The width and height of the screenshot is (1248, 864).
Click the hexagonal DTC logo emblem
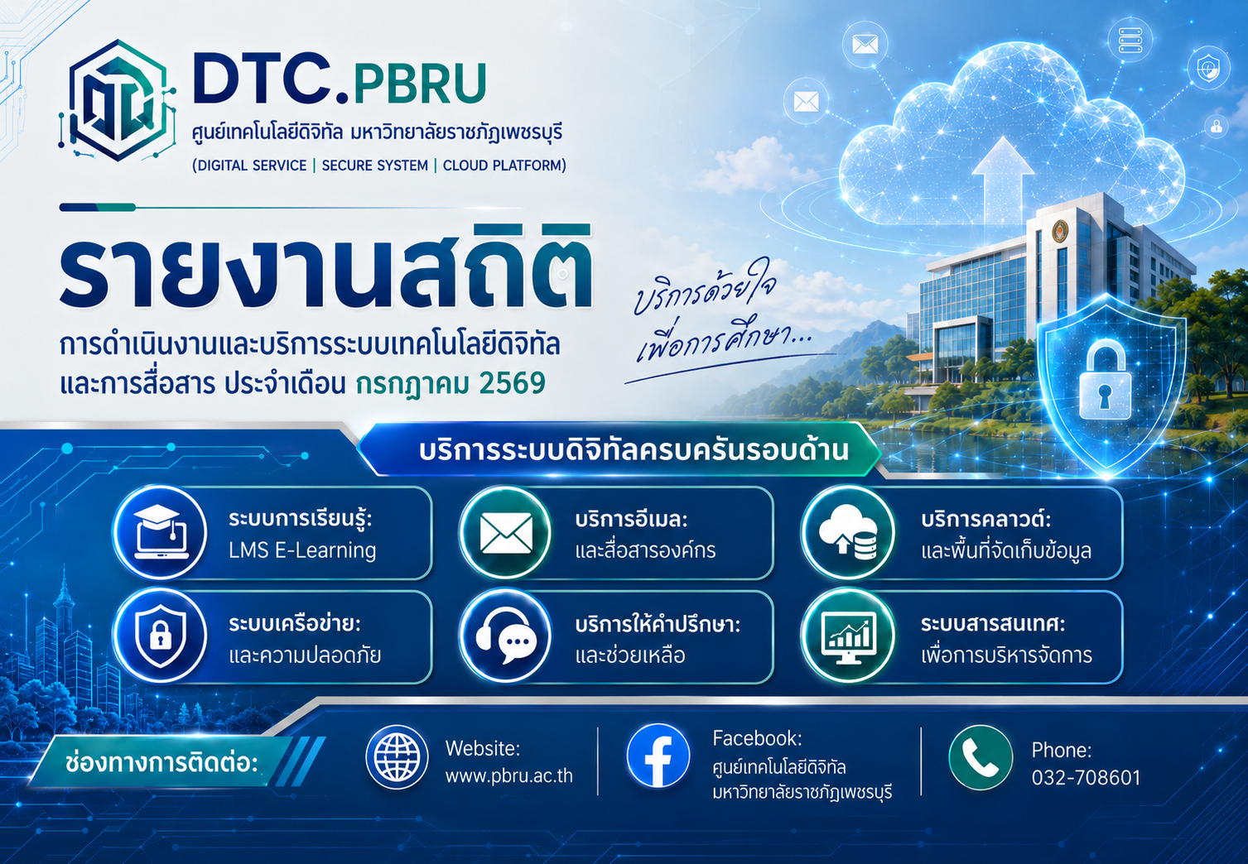(117, 100)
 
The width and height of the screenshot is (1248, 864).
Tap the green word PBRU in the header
(420, 84)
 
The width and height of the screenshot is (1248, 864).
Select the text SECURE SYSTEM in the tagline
(375, 166)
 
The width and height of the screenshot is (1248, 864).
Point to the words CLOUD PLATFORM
(502, 166)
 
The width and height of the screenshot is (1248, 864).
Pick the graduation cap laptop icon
(161, 532)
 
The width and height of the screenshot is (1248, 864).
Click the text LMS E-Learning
(302, 550)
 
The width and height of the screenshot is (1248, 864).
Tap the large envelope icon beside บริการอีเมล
(506, 533)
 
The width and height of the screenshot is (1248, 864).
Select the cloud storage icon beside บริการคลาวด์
(848, 532)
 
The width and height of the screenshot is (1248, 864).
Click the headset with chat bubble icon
(506, 637)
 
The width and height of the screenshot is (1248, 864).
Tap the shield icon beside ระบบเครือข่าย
(160, 636)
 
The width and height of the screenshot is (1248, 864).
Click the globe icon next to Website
(397, 757)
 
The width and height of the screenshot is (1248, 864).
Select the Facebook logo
(658, 756)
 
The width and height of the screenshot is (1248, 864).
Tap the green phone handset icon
(980, 757)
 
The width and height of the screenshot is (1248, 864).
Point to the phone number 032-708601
(1086, 778)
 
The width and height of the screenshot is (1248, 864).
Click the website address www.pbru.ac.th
(508, 776)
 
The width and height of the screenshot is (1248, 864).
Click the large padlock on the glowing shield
(1106, 380)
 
